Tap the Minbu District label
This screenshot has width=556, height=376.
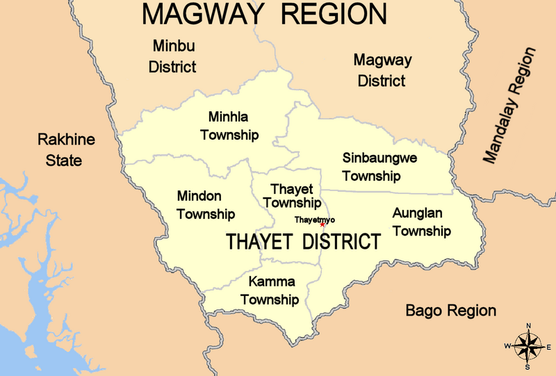click(174, 56)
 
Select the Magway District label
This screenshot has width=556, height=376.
click(382, 70)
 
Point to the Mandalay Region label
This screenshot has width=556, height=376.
click(511, 106)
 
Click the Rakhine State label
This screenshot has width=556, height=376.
click(66, 150)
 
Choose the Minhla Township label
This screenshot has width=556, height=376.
click(229, 125)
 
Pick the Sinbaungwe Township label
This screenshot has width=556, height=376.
click(380, 166)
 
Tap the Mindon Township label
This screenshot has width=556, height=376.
click(206, 204)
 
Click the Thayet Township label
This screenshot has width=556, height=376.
click(292, 197)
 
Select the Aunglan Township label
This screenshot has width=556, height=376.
click(422, 222)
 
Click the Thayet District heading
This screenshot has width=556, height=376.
click(303, 242)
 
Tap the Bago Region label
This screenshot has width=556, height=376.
click(451, 310)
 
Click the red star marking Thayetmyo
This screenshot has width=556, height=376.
click(322, 224)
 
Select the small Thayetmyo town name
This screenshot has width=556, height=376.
click(309, 220)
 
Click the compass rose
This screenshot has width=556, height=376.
click(529, 346)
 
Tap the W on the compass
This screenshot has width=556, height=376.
click(508, 346)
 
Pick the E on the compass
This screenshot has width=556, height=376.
click(549, 346)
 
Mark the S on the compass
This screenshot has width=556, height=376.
click(529, 367)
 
